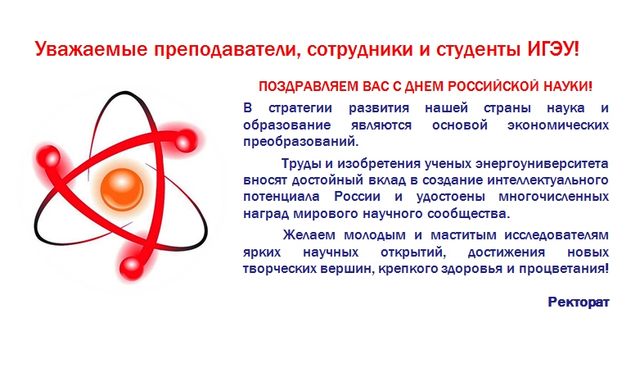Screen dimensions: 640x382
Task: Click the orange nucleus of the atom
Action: (122, 190)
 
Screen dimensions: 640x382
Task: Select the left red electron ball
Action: (51, 158)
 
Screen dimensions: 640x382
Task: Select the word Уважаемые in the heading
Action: (91, 50)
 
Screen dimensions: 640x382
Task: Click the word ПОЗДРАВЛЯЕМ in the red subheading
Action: (309, 87)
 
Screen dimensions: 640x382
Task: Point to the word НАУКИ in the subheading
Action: (566, 86)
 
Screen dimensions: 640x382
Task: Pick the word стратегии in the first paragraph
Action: (300, 109)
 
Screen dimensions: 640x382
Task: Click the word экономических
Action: (558, 125)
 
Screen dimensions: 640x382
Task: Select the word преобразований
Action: (300, 142)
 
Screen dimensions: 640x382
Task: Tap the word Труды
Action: (301, 164)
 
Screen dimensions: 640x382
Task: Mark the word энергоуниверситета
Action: (542, 164)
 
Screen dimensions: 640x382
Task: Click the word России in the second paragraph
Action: (357, 197)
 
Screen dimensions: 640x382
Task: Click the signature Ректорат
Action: (579, 302)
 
